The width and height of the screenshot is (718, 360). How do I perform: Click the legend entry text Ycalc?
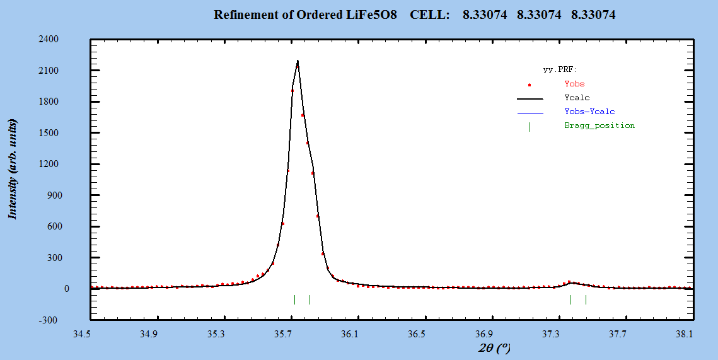[577, 98]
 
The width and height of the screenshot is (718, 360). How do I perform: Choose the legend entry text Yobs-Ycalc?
[589, 112]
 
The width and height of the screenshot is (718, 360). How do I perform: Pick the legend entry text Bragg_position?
[599, 125]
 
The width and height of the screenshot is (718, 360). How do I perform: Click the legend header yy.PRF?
[560, 69]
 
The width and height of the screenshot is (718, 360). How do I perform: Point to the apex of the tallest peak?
[298, 61]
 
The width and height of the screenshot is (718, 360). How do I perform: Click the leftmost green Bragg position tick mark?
[294, 299]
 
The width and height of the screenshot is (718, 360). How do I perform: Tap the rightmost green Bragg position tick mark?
[586, 299]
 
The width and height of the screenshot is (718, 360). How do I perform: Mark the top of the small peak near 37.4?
[570, 282]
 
